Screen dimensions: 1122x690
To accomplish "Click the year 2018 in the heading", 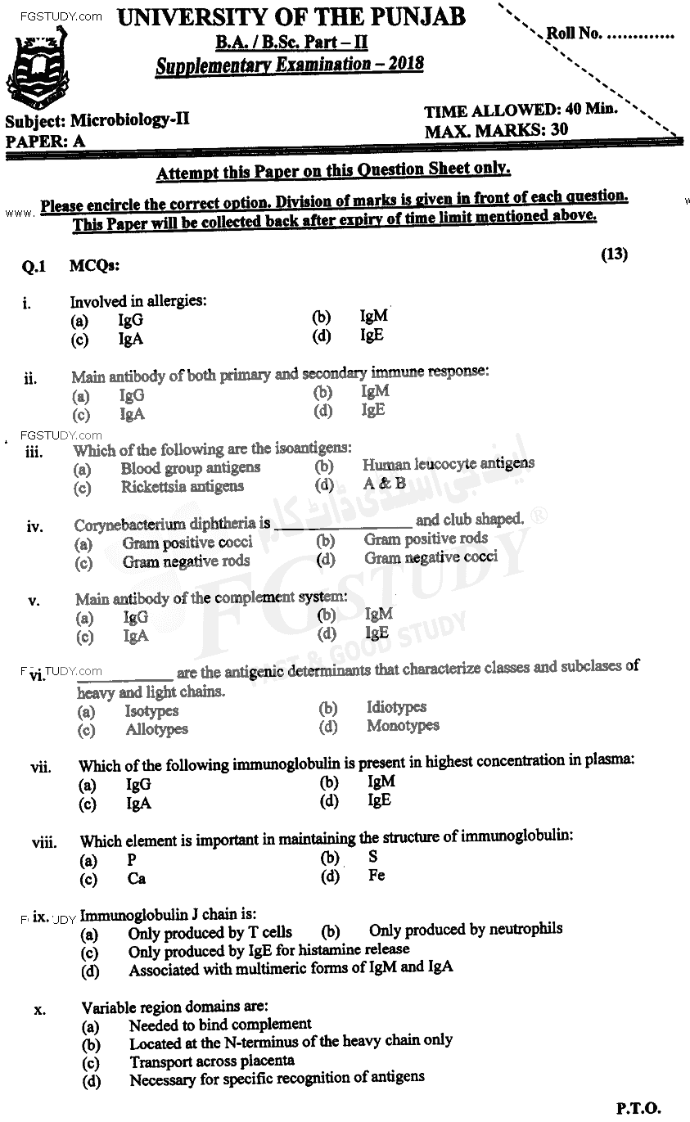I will (x=402, y=64).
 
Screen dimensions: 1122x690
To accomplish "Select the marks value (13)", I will (x=614, y=255).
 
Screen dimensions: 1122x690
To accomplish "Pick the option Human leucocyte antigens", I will (x=448, y=464).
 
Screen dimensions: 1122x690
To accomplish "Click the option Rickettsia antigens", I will (x=182, y=486).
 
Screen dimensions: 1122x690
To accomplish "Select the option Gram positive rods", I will (x=426, y=538).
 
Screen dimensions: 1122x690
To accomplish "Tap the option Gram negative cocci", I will (x=431, y=557).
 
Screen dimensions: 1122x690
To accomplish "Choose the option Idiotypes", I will (x=396, y=707).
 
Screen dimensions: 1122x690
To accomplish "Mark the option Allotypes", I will (x=156, y=729).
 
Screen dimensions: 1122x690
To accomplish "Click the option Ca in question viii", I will (x=136, y=880).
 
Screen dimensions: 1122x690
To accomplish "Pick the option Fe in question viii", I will (x=377, y=876).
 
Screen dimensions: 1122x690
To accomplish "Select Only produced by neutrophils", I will (x=465, y=929).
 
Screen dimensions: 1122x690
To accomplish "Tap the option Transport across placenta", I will (x=211, y=1061).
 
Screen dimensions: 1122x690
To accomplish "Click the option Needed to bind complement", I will (x=219, y=1024).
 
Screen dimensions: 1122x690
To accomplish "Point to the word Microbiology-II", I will (x=129, y=119).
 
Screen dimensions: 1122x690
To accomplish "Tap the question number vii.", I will (x=40, y=768).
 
